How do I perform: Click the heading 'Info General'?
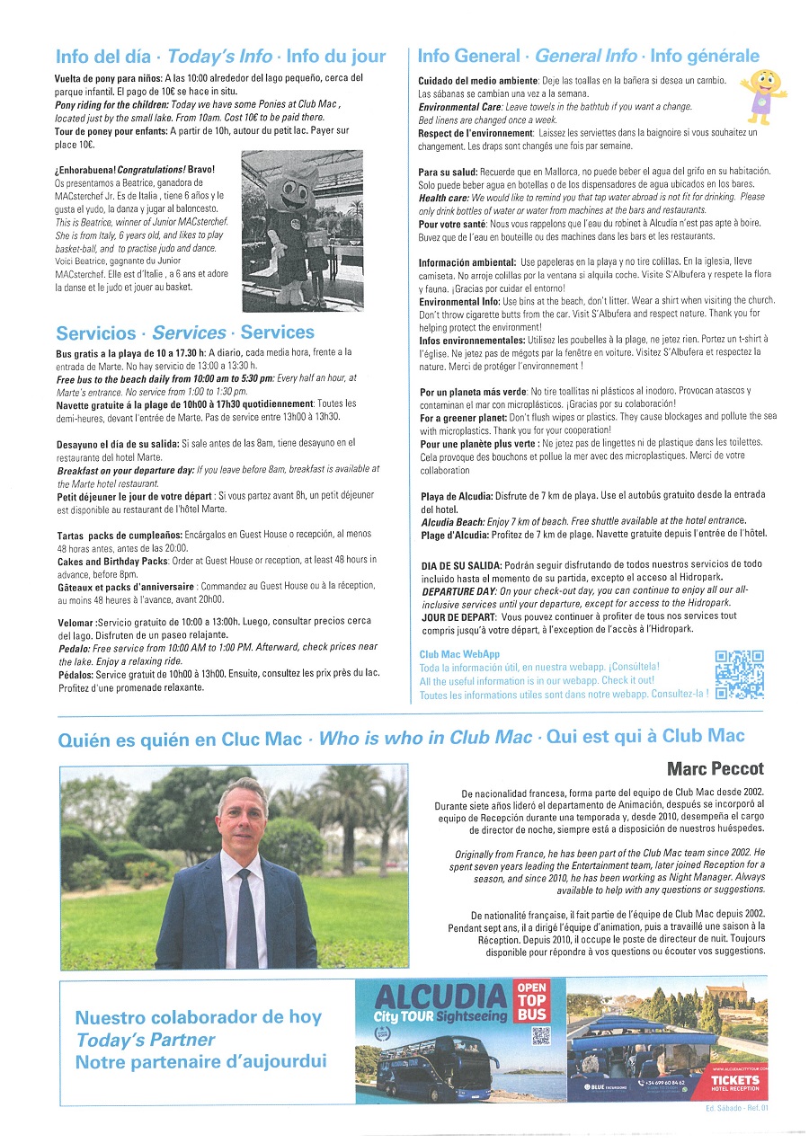coord(467,57)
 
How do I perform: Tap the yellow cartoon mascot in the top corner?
coord(761,93)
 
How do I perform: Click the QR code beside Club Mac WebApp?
coord(739,674)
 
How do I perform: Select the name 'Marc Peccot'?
coord(715,768)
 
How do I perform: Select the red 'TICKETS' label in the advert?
coord(734,1080)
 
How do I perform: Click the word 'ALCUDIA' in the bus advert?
coord(440,996)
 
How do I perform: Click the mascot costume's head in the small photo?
coord(301,184)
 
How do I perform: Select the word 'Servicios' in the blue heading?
coord(96,332)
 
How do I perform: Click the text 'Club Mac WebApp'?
coord(459,654)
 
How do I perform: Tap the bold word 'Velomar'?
coord(75,622)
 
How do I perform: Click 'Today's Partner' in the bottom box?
coord(146,1040)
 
